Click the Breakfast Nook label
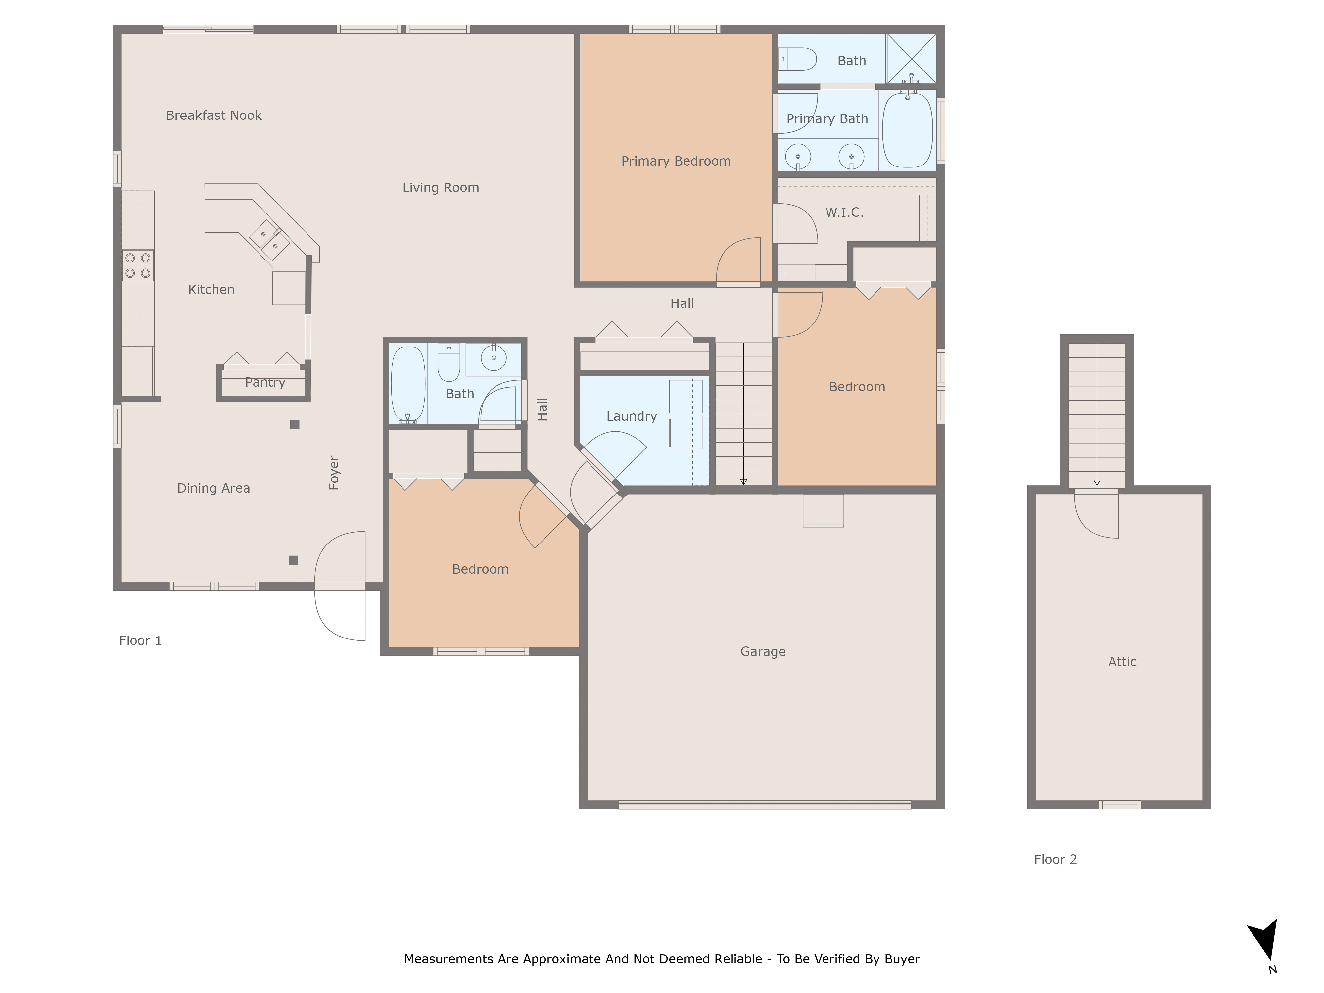tap(214, 116)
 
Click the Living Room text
tap(441, 188)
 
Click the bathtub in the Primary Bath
tap(907, 130)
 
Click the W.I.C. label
tap(844, 213)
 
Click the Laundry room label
tap(632, 417)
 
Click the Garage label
tap(763, 652)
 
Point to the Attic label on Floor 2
tap(1122, 662)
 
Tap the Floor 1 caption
tap(140, 641)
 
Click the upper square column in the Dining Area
tap(295, 425)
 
